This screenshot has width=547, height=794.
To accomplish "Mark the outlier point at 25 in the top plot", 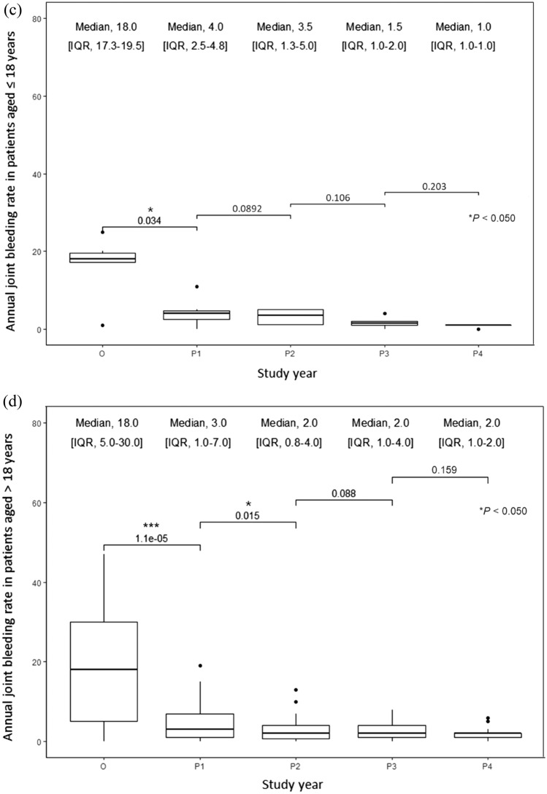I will [103, 232].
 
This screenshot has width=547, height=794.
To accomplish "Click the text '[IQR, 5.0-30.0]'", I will [104, 443].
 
